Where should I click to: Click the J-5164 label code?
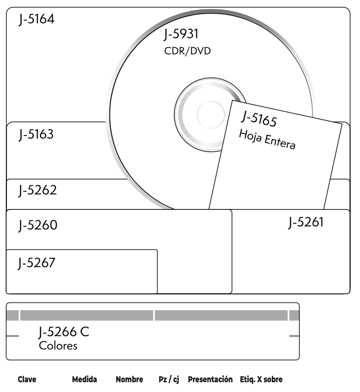tap(37, 19)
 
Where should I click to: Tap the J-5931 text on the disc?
tap(181, 34)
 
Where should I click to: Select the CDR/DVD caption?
tap(187, 51)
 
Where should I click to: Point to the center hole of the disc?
tap(210, 115)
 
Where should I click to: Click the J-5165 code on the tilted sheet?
tap(259, 119)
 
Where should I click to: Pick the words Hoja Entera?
tap(267, 139)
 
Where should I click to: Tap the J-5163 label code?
tap(36, 135)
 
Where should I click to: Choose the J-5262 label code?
tap(37, 190)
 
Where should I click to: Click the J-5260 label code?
tap(38, 225)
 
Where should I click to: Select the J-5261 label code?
tap(306, 222)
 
